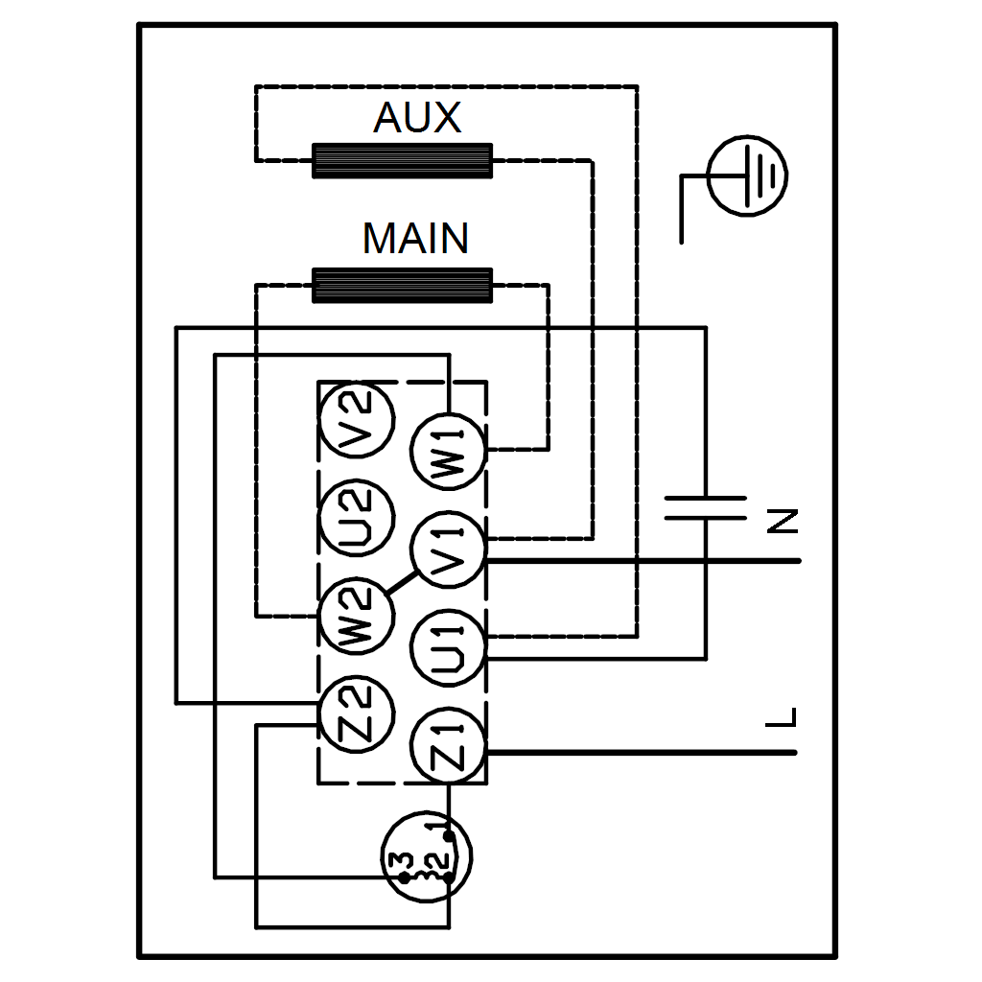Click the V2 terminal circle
356,418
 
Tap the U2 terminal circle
356,519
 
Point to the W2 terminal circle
356,619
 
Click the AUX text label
417,118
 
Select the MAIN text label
415,238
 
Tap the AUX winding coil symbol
402,160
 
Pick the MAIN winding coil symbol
402,285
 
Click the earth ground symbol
746,176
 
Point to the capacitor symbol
706,508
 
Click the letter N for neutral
783,521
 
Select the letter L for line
783,717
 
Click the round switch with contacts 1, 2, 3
428,858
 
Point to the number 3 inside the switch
404,859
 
